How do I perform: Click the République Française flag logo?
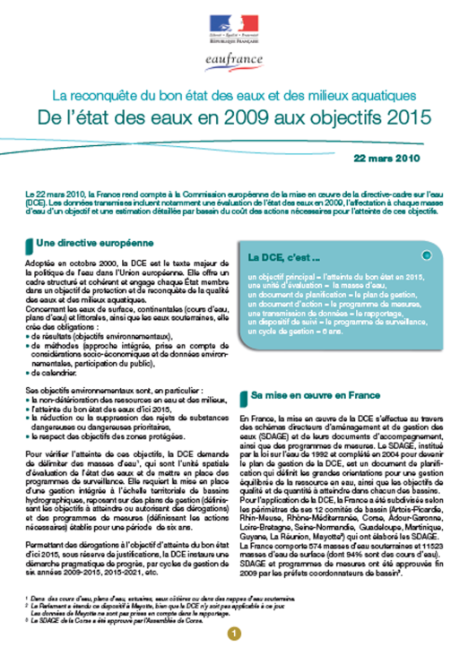(x=233, y=26)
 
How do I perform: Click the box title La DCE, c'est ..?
(x=284, y=257)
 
